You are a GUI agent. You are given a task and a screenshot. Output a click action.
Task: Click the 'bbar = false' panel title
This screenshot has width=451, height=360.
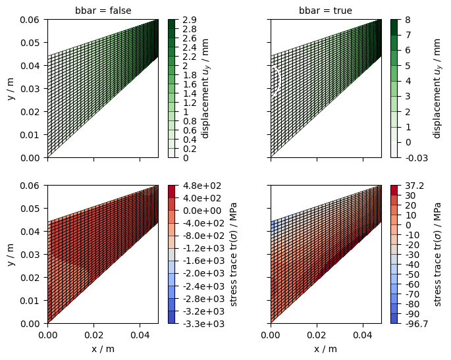[103, 11]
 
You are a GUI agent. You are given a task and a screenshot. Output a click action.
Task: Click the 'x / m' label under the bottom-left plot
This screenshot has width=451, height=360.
[103, 349]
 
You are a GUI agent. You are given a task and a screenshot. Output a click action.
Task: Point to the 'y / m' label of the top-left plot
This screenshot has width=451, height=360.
[11, 88]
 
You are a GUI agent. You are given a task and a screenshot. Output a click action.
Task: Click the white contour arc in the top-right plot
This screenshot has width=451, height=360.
[278, 80]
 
